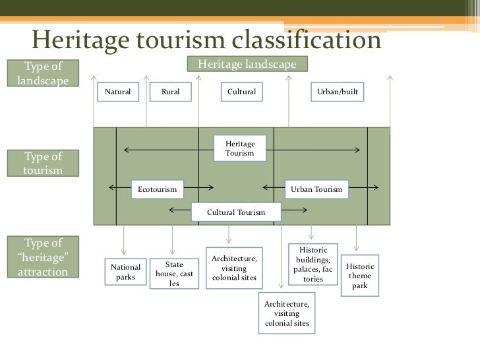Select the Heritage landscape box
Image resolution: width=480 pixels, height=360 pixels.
click(x=247, y=64)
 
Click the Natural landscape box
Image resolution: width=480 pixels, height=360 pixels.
click(x=118, y=92)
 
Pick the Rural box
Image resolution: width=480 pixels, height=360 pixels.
click(x=170, y=92)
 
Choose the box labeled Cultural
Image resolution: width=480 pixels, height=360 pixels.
click(x=241, y=92)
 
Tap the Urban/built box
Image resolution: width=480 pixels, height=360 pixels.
click(x=338, y=92)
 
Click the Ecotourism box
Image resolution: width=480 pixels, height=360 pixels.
click(x=158, y=189)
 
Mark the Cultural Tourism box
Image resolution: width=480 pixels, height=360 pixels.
click(x=236, y=212)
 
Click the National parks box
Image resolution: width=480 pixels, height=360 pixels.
click(x=125, y=272)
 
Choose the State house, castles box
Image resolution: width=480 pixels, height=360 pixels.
click(x=174, y=274)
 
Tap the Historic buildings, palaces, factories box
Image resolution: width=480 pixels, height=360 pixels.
click(x=313, y=265)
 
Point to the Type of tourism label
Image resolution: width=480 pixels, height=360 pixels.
click(x=43, y=164)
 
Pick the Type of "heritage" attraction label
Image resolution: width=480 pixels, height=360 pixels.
click(x=43, y=256)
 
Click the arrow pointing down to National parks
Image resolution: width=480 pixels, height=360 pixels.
click(x=125, y=241)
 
